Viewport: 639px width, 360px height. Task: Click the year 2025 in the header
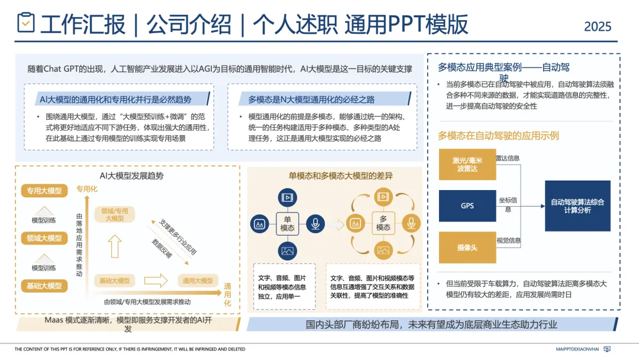(x=598, y=27)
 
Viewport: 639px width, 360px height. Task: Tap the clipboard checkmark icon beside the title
(x=25, y=22)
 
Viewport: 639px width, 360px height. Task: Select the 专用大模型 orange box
(x=44, y=191)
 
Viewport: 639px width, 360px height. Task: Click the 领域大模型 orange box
(x=44, y=238)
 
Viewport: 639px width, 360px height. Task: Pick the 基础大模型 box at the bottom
(x=44, y=286)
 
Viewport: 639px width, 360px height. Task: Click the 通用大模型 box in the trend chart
(x=198, y=281)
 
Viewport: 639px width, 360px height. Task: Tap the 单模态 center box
(x=288, y=224)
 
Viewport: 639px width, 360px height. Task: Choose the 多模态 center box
(x=383, y=224)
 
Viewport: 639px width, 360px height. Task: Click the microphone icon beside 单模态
(x=316, y=224)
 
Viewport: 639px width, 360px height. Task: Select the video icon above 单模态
(x=288, y=197)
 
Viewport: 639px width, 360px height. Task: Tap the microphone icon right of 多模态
(x=411, y=224)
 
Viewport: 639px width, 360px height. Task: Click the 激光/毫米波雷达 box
(x=467, y=164)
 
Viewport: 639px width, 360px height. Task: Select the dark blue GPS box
(x=467, y=206)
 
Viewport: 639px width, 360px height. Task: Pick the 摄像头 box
(x=467, y=247)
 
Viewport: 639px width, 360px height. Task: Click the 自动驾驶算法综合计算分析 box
(x=577, y=206)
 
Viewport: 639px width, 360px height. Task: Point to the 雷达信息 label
(x=508, y=158)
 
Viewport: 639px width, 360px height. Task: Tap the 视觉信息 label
(x=509, y=240)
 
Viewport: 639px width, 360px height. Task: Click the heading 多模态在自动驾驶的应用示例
(x=498, y=136)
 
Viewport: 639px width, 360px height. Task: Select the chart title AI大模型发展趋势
(x=131, y=176)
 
